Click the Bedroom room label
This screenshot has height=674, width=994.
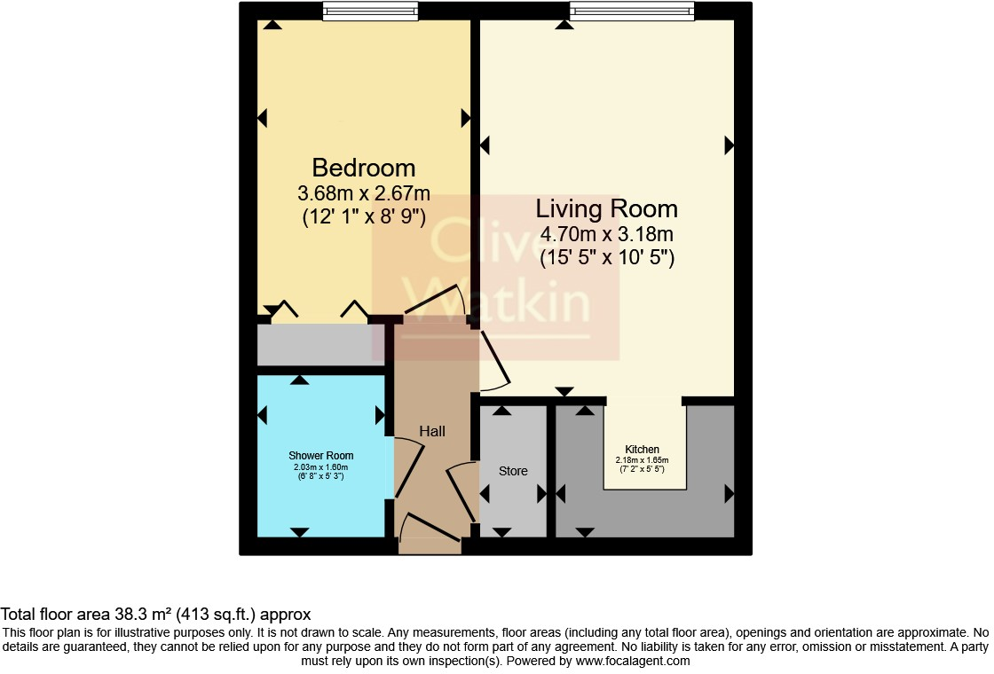click(x=364, y=168)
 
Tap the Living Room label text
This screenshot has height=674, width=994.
click(x=607, y=209)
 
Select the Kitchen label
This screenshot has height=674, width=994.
click(x=642, y=450)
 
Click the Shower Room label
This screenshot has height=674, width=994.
click(x=321, y=456)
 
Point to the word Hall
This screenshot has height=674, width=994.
click(x=432, y=431)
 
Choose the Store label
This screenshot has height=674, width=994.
click(x=513, y=471)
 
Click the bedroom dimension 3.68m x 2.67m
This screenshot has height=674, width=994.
click(x=364, y=192)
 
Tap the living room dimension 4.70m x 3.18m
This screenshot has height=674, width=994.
click(x=607, y=235)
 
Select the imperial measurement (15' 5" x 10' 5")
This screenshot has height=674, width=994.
click(x=607, y=259)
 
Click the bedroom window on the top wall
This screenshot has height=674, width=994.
click(x=370, y=12)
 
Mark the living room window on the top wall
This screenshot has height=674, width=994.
click(x=631, y=12)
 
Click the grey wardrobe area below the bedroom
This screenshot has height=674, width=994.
click(x=320, y=344)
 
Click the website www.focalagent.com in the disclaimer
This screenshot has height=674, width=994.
click(x=632, y=661)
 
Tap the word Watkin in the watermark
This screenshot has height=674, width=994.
click(x=497, y=302)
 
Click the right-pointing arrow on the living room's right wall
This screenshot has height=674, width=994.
click(x=730, y=145)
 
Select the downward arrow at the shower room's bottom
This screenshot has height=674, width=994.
click(x=300, y=532)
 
